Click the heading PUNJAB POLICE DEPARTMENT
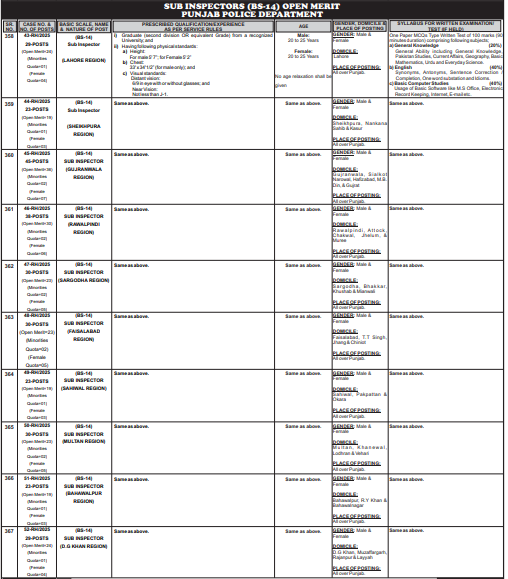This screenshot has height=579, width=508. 253,14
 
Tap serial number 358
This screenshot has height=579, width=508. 9,35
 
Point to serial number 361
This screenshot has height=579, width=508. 9,210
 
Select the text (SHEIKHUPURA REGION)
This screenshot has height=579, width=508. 84,125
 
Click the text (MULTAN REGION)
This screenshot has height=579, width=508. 84,438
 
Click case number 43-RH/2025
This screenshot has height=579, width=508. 37,35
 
